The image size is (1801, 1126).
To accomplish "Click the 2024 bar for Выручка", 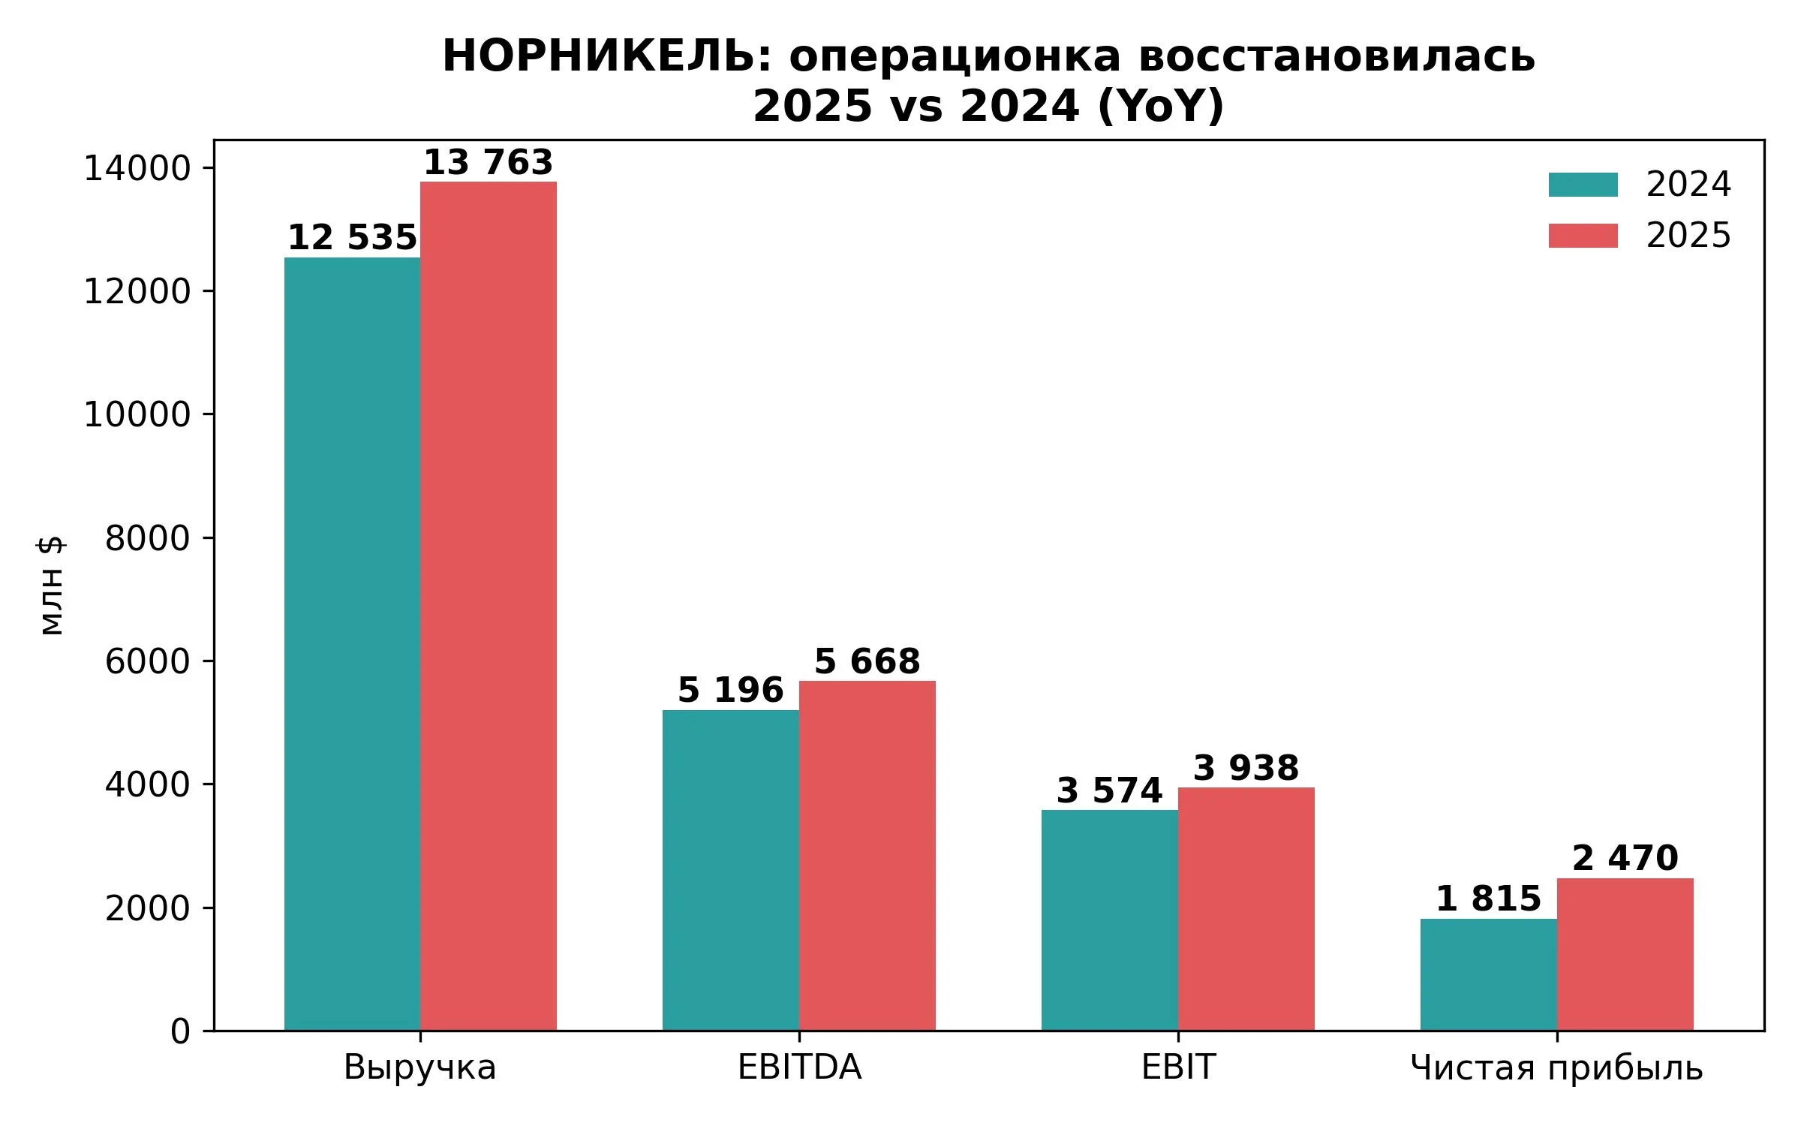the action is (x=352, y=644).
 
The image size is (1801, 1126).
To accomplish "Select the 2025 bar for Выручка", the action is (x=489, y=606).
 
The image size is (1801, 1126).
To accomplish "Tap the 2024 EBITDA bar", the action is (x=731, y=870).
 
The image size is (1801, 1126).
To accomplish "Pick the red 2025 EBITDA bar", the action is (x=867, y=856).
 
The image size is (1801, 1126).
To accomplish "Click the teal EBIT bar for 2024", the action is (x=1110, y=920).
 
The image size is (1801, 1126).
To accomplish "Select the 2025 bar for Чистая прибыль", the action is (x=1625, y=954).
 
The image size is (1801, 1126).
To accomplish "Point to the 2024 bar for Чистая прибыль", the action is (x=1489, y=974).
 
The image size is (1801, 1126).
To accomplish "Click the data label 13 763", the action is (x=489, y=163).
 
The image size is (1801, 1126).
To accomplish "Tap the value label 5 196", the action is (x=731, y=691).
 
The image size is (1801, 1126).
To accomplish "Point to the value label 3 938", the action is (x=1246, y=768).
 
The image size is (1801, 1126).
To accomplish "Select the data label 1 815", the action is (x=1489, y=899).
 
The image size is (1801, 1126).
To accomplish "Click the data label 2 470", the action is (x=1625, y=859).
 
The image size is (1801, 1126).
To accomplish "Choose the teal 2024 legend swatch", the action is (x=1583, y=185).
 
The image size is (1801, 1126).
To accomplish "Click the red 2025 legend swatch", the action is (x=1583, y=236).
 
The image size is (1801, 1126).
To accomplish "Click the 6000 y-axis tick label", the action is (x=148, y=661).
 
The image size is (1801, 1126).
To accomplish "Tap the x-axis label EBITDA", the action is (x=799, y=1067).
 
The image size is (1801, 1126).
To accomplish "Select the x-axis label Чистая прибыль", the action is (x=1557, y=1069).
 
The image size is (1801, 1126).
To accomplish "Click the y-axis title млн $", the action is (x=51, y=586).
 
